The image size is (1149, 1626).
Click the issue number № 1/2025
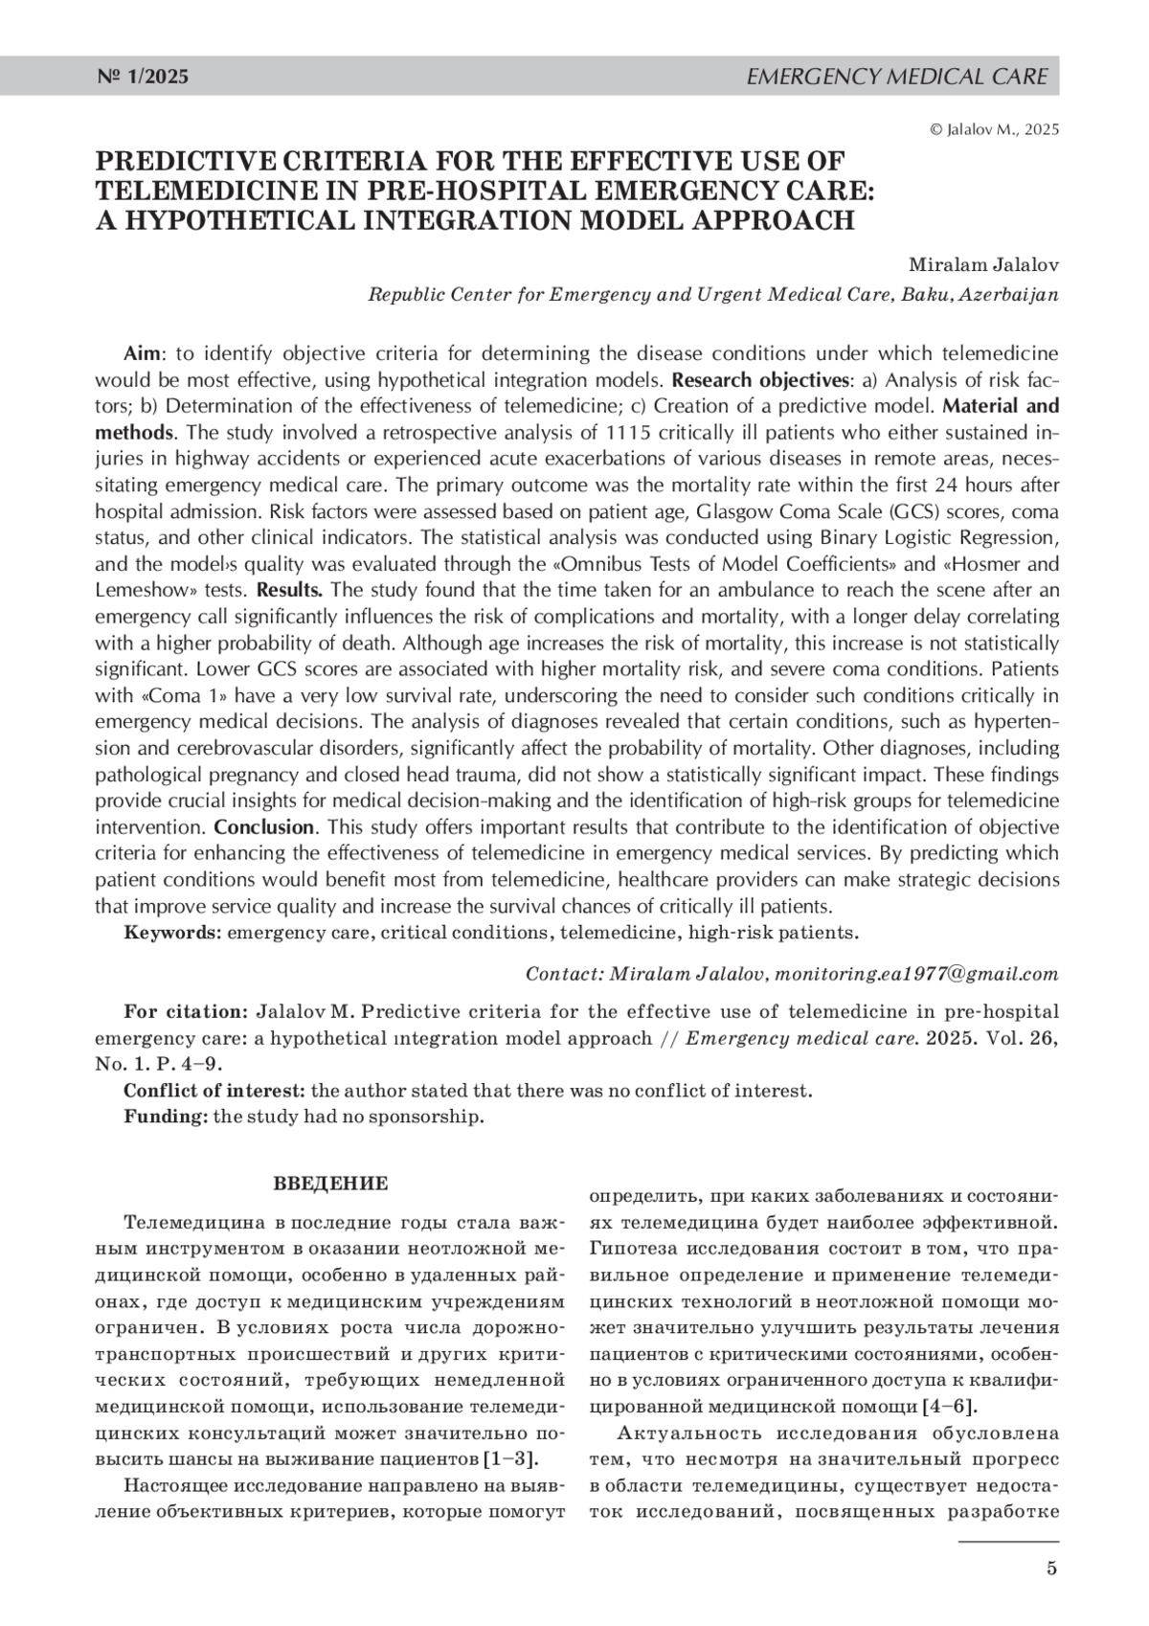(x=144, y=77)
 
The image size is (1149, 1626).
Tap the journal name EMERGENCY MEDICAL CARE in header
(x=896, y=77)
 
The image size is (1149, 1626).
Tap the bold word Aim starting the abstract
(x=142, y=352)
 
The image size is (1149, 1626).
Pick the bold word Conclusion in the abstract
(x=263, y=826)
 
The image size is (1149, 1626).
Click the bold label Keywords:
(x=172, y=932)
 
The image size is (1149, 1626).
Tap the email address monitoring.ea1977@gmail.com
(x=916, y=974)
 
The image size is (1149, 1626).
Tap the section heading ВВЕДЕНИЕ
(x=330, y=1184)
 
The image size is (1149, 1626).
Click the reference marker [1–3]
(x=510, y=1459)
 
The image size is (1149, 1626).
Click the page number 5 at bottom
(x=1051, y=1569)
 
